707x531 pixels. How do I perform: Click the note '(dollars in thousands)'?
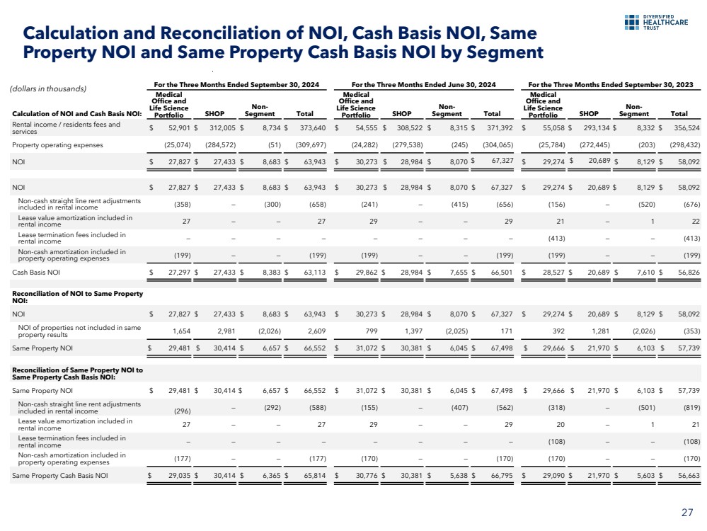tap(47, 88)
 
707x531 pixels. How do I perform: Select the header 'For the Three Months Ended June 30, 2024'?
tap(423, 84)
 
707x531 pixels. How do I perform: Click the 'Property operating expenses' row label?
tap(57, 145)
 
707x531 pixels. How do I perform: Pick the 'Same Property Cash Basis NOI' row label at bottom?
tap(60, 476)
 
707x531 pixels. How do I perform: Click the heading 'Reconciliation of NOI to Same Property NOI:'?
tap(77, 297)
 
